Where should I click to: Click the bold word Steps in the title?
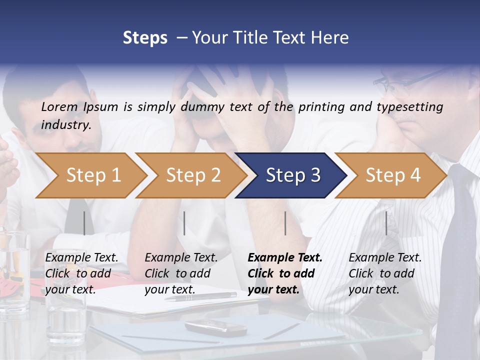[145, 38]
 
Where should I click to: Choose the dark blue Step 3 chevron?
[291, 175]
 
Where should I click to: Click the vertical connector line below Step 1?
[84, 223]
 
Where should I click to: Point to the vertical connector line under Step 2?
[184, 223]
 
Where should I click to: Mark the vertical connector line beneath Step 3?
[285, 223]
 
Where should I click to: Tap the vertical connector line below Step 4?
[386, 223]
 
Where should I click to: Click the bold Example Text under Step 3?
[284, 273]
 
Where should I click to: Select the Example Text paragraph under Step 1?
[81, 273]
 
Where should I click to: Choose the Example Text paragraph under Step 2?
[181, 273]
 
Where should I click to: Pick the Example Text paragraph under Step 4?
[385, 273]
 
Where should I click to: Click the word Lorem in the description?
[59, 107]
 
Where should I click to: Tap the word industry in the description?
[65, 125]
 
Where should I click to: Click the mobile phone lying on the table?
[215, 328]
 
